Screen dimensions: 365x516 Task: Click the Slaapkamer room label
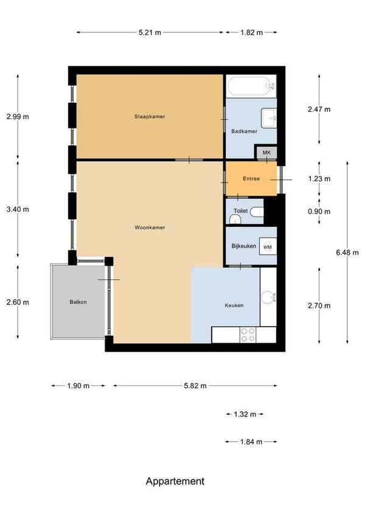click(x=150, y=116)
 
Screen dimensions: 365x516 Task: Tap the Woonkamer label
click(x=150, y=228)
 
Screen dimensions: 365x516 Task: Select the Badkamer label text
click(x=244, y=131)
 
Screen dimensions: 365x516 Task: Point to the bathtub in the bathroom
click(x=251, y=86)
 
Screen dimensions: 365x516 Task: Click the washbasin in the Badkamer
click(x=269, y=118)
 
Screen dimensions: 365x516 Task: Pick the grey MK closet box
click(x=266, y=153)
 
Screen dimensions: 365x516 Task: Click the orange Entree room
click(x=251, y=179)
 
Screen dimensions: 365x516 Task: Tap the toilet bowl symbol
click(x=257, y=212)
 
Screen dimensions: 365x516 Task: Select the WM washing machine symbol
click(x=268, y=247)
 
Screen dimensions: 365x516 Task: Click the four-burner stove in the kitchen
click(x=248, y=335)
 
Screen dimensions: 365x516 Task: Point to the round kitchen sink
click(x=268, y=298)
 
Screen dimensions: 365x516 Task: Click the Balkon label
click(x=78, y=302)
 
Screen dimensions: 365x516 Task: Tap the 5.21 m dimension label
click(x=150, y=32)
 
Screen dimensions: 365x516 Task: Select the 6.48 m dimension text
click(x=347, y=253)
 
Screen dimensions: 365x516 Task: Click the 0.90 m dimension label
click(x=319, y=211)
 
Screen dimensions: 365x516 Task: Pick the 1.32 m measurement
click(x=245, y=414)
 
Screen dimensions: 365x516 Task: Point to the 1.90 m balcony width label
click(x=78, y=386)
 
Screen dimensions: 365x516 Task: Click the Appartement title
click(x=175, y=481)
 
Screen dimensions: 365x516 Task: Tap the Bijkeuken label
click(x=244, y=246)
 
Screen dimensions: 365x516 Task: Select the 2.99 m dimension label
click(x=18, y=116)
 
